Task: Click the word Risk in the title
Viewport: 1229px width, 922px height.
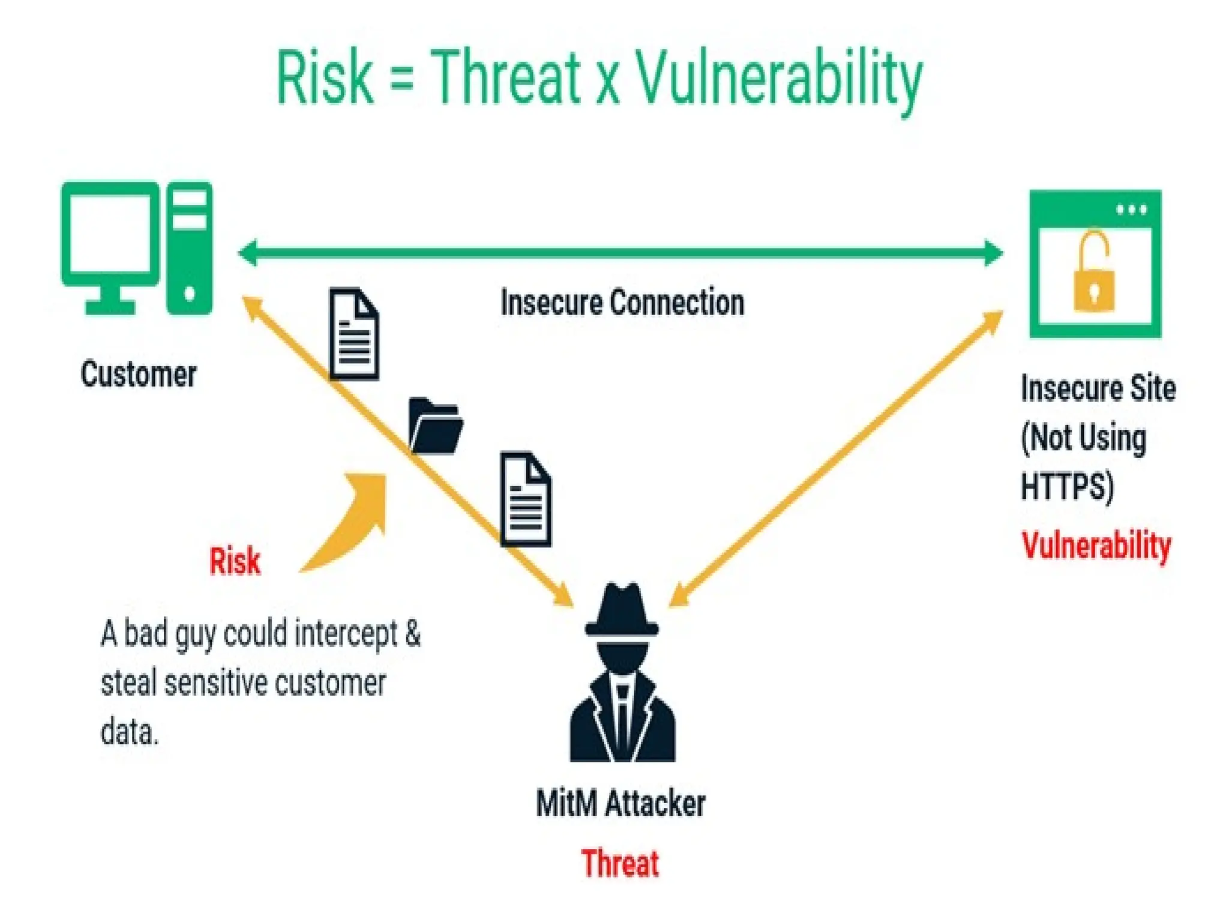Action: pyautogui.click(x=324, y=78)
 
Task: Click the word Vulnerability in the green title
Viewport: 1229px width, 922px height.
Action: pyautogui.click(x=778, y=81)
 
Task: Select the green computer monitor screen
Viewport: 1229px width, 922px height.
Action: pyautogui.click(x=110, y=234)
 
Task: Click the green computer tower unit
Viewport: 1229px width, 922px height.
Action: pyautogui.click(x=189, y=247)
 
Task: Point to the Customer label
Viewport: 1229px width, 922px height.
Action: pyautogui.click(x=139, y=374)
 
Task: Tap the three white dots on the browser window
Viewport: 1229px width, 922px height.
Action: pyautogui.click(x=1132, y=209)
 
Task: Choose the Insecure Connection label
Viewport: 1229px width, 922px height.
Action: pyautogui.click(x=622, y=302)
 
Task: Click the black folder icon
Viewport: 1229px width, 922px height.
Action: pyautogui.click(x=436, y=426)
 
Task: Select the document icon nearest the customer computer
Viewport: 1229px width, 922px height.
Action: pyautogui.click(x=354, y=334)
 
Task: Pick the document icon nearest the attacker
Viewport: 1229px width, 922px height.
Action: pyautogui.click(x=526, y=499)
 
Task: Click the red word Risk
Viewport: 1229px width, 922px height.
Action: pyautogui.click(x=235, y=562)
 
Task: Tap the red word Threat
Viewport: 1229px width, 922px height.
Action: pyautogui.click(x=620, y=863)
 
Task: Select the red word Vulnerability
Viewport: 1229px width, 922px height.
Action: pyautogui.click(x=1096, y=546)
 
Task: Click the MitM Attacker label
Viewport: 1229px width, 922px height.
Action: pyautogui.click(x=621, y=803)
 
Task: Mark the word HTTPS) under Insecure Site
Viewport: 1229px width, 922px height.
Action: pyautogui.click(x=1067, y=486)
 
